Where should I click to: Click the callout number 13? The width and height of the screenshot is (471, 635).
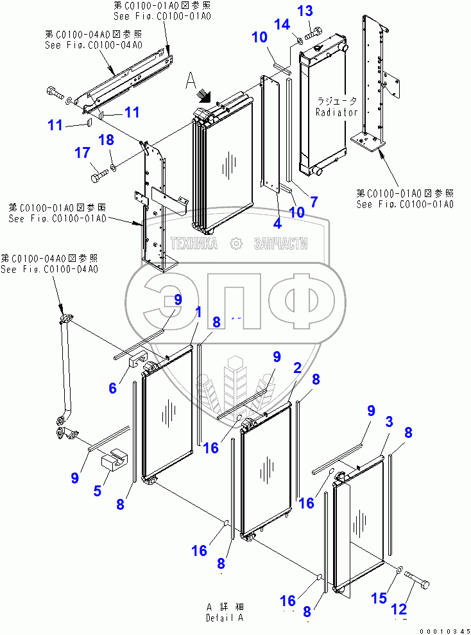305,11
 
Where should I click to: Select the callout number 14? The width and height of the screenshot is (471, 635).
282,25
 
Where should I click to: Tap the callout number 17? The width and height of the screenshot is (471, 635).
81,153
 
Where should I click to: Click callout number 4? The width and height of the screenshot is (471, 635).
277,224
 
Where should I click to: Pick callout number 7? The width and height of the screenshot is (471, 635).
313,202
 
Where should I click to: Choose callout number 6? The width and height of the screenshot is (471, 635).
112,388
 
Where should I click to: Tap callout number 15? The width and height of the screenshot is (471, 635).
379,598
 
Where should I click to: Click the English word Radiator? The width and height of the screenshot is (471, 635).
336,112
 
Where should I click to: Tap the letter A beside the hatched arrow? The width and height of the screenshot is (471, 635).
191,81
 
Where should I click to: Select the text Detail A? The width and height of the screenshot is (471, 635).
225,618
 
